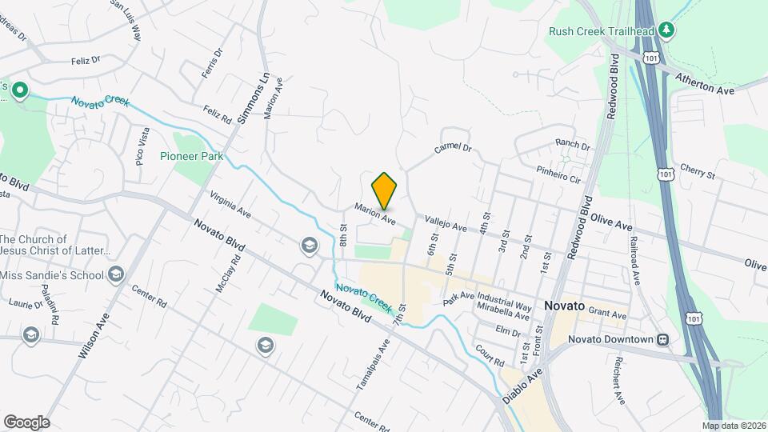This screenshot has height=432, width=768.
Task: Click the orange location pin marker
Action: click(x=385, y=190)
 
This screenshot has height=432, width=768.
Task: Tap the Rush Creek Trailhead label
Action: click(x=602, y=31)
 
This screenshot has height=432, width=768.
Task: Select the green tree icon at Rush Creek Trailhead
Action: click(x=666, y=30)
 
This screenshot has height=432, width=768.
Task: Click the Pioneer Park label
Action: click(x=191, y=157)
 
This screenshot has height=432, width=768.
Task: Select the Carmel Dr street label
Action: click(x=453, y=149)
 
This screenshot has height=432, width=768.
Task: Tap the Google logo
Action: click(x=26, y=422)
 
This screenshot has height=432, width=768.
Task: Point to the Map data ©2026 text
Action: click(x=733, y=426)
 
